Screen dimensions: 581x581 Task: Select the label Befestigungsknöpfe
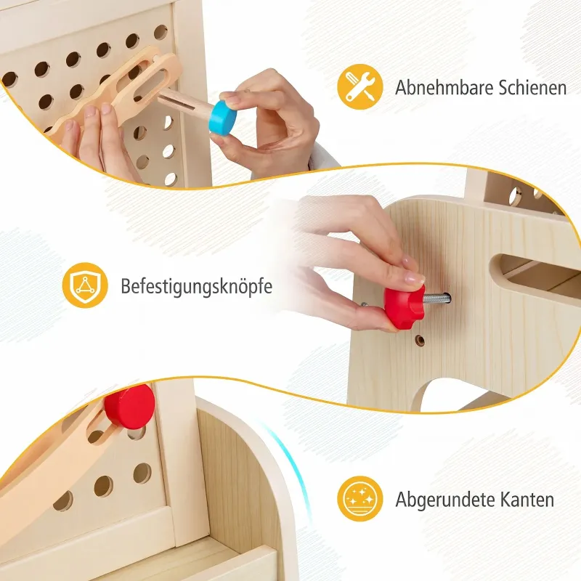coord(196,286)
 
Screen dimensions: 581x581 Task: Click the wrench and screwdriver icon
coord(359,86)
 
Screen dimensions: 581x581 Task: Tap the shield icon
coord(85,285)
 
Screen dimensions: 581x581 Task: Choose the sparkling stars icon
coord(359,499)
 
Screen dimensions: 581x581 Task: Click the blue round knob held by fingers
coord(222,117)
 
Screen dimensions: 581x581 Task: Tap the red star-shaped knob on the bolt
coord(404,306)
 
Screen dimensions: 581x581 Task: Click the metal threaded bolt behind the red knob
coord(437,298)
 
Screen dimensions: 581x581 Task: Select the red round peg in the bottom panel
coord(129,407)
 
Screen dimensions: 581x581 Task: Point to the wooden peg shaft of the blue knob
coord(185,105)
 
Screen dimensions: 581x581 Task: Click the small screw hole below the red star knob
coord(420,340)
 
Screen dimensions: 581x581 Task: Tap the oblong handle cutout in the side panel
coord(537,272)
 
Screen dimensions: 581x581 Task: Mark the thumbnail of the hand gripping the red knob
coord(415,277)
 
